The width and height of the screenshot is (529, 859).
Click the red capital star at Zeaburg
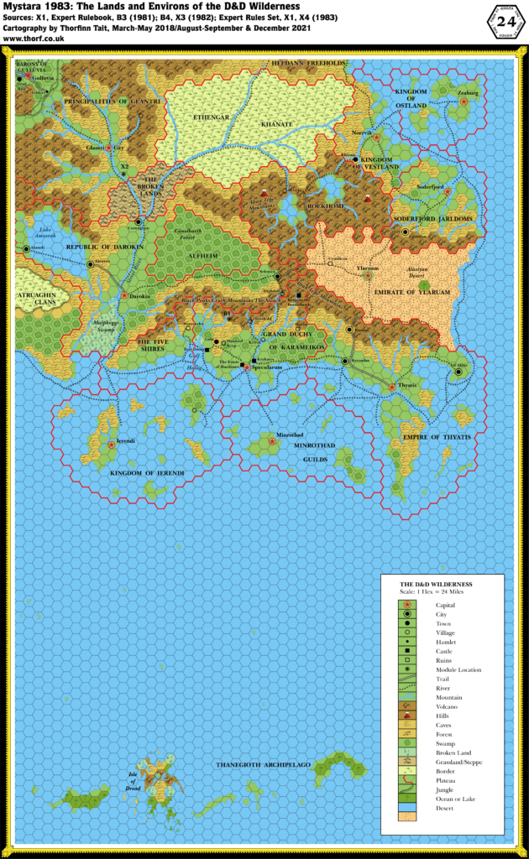[x=464, y=101]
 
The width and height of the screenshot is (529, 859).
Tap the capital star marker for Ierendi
[x=111, y=444]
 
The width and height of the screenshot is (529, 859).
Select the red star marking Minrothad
[x=272, y=440]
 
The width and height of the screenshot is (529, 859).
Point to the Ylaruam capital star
[x=367, y=275]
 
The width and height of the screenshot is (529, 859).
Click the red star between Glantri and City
[x=108, y=148]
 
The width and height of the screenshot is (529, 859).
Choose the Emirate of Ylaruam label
[x=406, y=290]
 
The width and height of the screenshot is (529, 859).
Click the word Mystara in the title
[x=26, y=7]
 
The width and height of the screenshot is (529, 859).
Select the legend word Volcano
[x=447, y=709]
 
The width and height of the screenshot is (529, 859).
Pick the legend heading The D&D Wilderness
[x=436, y=583]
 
